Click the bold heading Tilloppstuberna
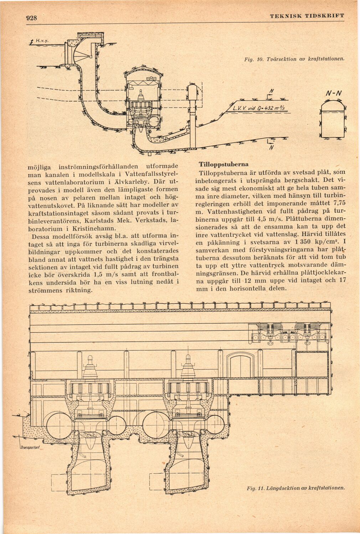(223, 165)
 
